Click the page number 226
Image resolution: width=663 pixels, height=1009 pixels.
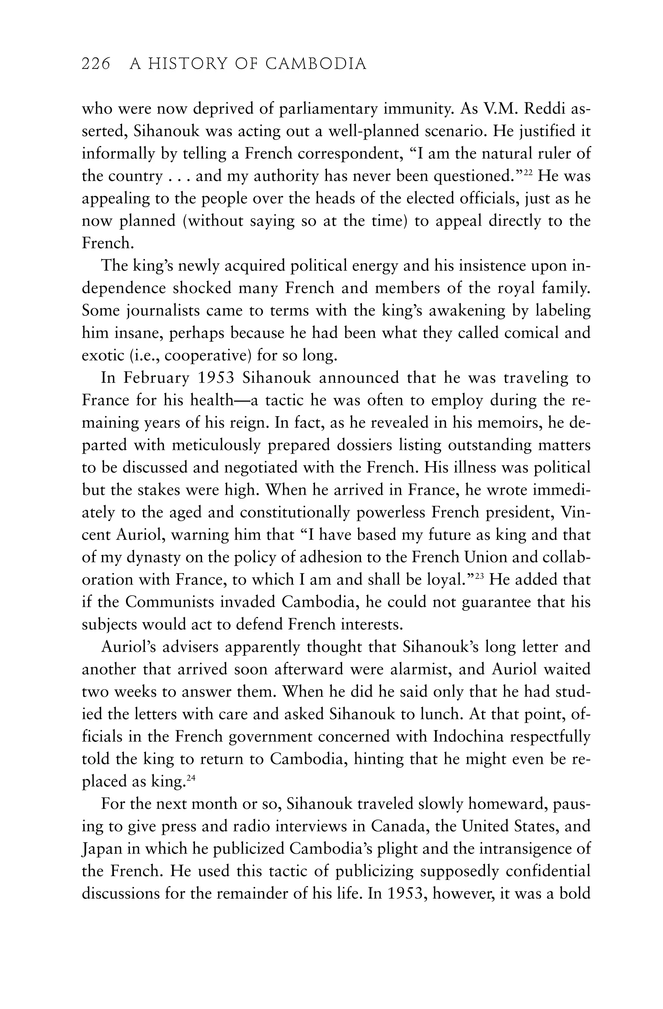(96, 64)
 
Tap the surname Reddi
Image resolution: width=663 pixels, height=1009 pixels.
(544, 109)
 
